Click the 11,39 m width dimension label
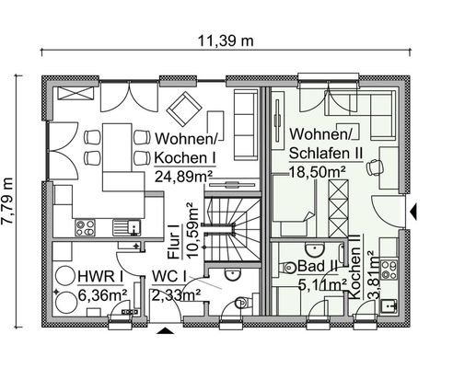[x=226, y=40]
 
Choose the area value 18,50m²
[x=318, y=172]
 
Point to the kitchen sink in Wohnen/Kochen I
[x=123, y=225]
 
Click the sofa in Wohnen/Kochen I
[x=246, y=124]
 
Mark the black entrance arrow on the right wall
[x=416, y=213]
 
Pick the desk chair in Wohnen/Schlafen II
[x=373, y=167]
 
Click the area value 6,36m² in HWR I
[x=99, y=295]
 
